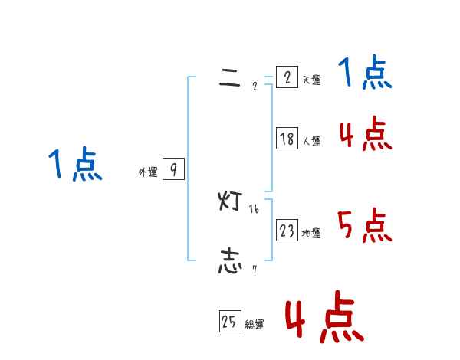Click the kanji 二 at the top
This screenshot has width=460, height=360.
[x=230, y=80]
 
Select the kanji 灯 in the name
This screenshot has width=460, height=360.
[x=231, y=202]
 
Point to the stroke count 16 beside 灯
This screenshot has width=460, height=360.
[x=254, y=209]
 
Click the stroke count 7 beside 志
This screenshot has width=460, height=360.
[x=254, y=270]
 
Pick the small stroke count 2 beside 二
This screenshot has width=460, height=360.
[x=255, y=86]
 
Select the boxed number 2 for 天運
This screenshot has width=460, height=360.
[x=287, y=77]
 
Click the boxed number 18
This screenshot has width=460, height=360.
[x=287, y=139]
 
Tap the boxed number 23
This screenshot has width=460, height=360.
[x=287, y=231]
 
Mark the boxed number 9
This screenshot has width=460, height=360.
[x=173, y=170]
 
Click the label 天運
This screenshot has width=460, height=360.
[x=311, y=80]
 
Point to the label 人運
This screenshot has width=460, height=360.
[x=311, y=141]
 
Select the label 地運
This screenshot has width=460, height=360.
[x=311, y=233]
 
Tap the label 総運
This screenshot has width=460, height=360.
[x=255, y=325]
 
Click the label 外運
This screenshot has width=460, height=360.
[x=148, y=172]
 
